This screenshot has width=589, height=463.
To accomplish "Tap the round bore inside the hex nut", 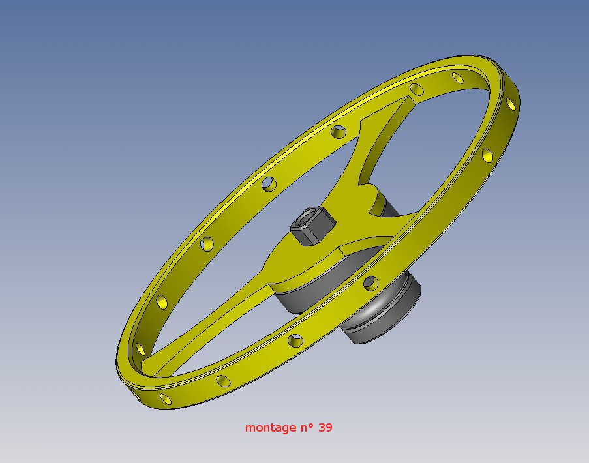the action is click(x=310, y=217).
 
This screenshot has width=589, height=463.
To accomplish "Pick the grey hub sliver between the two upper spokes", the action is click(x=386, y=205).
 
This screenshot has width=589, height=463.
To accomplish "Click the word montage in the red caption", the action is click(x=271, y=428).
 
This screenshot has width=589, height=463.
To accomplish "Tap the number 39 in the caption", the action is click(x=325, y=427).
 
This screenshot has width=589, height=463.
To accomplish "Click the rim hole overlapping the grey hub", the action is click(x=370, y=284).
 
